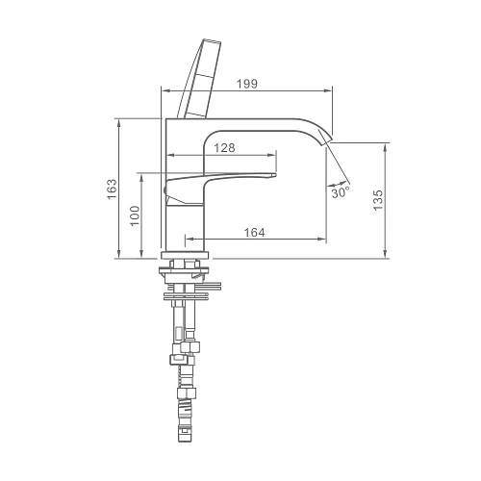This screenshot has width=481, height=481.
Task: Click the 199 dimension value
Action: tap(247, 84)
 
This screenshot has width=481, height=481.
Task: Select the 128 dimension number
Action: tap(224, 148)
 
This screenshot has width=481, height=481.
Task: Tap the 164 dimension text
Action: tap(255, 233)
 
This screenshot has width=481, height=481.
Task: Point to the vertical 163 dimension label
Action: tap(112, 189)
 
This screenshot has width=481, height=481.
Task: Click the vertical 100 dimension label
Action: tap(136, 215)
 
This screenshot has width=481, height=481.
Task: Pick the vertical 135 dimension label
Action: tap(378, 200)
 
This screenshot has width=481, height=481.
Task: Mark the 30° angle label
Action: tap(341, 192)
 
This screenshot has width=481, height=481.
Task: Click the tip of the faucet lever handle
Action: tap(275, 175)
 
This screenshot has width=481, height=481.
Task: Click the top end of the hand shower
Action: tap(212, 42)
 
